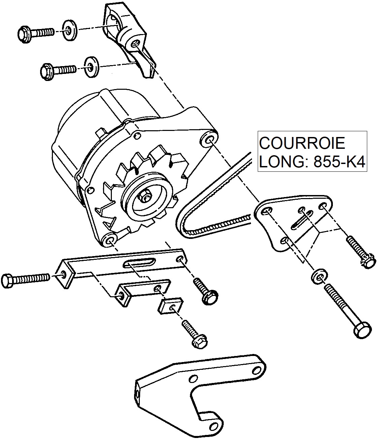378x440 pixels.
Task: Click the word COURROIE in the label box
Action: coord(302,143)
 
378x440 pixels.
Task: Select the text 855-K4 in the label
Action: coord(339,162)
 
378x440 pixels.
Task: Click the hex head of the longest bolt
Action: coord(363,329)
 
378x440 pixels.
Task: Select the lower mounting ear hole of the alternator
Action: coord(110,241)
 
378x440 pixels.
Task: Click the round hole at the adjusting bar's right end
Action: coord(180,259)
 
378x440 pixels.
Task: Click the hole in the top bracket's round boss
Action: coord(135,44)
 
